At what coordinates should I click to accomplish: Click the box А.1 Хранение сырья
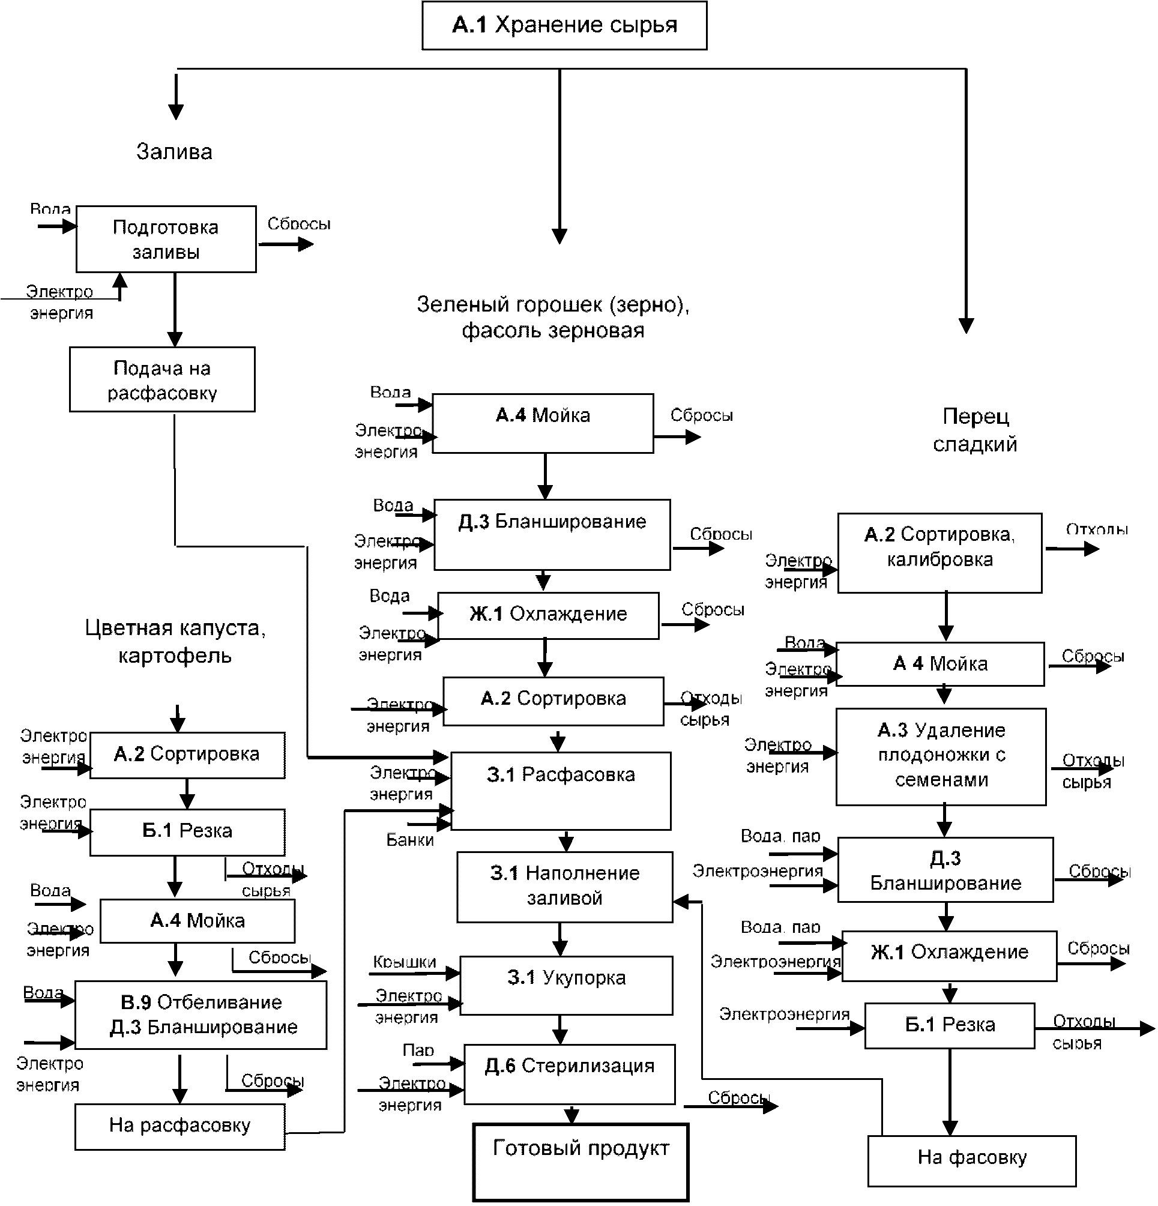564,25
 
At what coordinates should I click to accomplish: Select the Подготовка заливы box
166,240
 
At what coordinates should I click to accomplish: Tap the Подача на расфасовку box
162,379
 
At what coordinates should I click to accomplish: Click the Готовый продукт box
581,1162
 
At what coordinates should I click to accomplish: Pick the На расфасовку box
179,1126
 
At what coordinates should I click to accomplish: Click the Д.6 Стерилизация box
569,1074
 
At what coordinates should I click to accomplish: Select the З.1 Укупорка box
566,985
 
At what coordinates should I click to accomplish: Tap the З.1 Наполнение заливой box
564,887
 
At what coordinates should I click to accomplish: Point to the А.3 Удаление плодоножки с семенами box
941,756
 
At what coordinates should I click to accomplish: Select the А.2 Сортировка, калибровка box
939,552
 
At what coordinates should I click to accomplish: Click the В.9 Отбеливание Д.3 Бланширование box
201,1015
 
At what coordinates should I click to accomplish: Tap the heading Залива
174,152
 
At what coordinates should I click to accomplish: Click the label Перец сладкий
975,430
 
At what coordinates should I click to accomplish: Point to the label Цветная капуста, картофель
175,641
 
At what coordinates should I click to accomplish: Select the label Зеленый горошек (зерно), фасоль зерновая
552,318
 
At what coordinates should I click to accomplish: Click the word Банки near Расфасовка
410,840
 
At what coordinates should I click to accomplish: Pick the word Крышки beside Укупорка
404,962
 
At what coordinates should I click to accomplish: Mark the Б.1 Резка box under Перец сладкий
950,1025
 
